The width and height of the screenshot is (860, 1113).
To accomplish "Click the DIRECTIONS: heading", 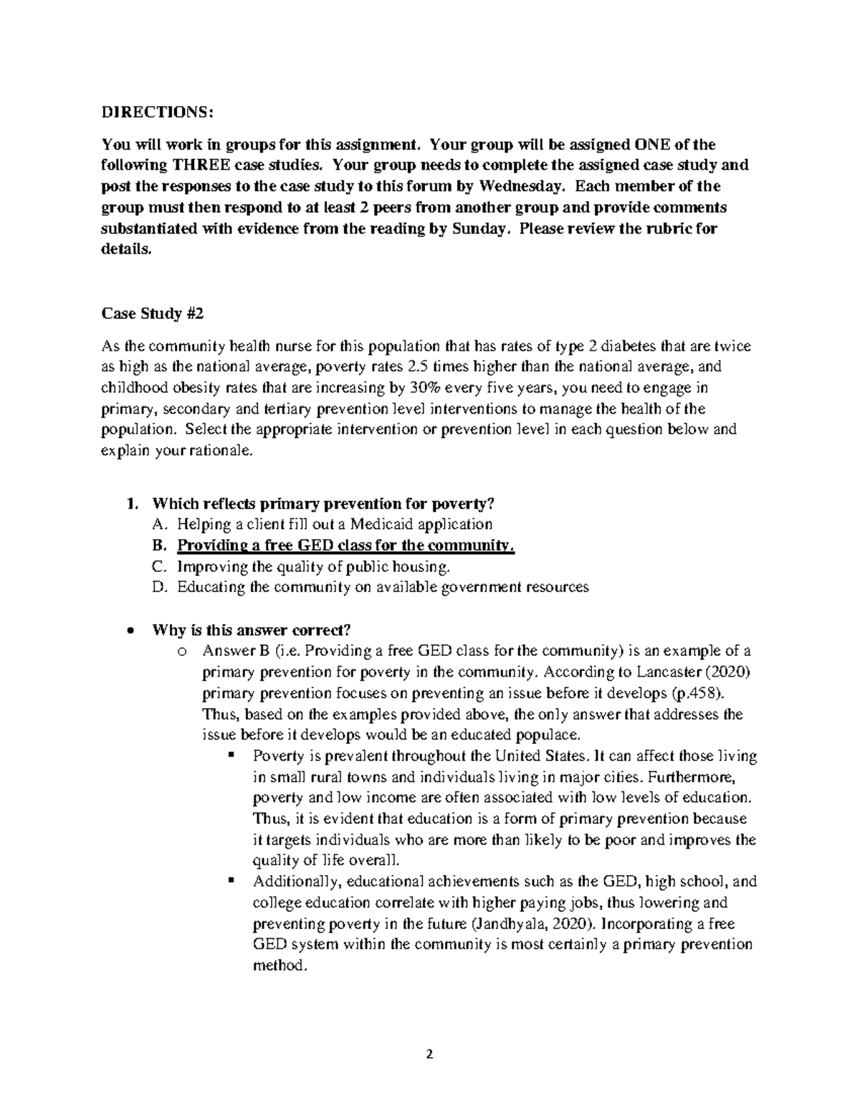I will pyautogui.click(x=157, y=113).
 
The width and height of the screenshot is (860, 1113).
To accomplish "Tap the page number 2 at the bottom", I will pyautogui.click(x=430, y=1054).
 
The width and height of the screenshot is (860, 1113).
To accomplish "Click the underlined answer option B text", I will pyautogui.click(x=345, y=545).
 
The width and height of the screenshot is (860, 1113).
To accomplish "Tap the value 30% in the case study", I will pyautogui.click(x=425, y=388).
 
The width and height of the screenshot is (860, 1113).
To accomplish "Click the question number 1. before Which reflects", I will pyautogui.click(x=130, y=502).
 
